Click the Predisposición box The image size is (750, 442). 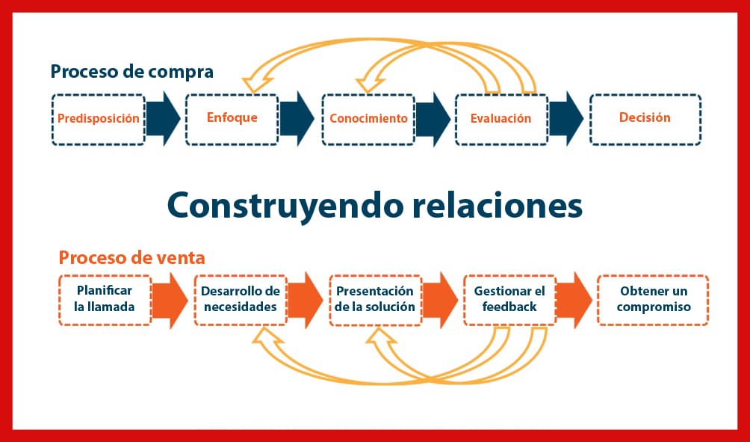click(x=99, y=120)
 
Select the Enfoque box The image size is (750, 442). click(x=232, y=120)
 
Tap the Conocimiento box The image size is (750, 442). click(x=368, y=120)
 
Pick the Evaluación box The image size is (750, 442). click(x=501, y=120)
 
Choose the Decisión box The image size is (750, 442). click(x=645, y=120)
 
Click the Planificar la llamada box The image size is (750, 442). click(x=105, y=300)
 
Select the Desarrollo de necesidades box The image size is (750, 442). click(x=241, y=300)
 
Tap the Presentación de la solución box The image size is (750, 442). click(x=376, y=300)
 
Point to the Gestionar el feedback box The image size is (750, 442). click(x=510, y=300)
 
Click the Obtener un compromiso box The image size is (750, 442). click(x=653, y=300)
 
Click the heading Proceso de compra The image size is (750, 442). click(x=132, y=72)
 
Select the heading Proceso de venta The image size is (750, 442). click(x=132, y=257)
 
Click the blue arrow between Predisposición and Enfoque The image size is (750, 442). click(x=164, y=118)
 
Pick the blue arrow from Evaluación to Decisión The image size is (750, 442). click(x=566, y=118)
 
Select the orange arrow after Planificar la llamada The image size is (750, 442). click(x=170, y=300)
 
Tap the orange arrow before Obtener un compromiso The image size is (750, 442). click(x=574, y=300)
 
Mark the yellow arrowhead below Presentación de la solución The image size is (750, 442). click(x=381, y=337)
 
